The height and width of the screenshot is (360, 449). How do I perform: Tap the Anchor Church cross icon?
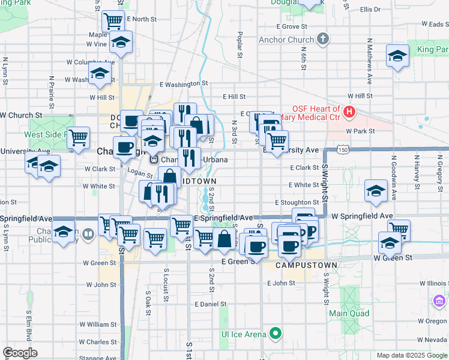tap(323, 40)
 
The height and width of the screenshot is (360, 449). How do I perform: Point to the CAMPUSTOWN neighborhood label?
tap(298, 265)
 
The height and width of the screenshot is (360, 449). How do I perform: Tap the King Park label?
tap(433, 49)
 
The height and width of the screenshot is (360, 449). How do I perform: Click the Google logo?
tap(20, 353)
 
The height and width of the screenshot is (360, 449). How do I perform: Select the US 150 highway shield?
tap(340, 149)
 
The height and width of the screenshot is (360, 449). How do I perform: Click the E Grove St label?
tap(292, 26)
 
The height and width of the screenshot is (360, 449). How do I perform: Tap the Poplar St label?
tap(240, 46)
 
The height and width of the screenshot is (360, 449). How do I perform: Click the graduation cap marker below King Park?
tap(397, 56)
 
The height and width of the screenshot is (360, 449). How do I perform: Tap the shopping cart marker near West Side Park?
tap(78, 137)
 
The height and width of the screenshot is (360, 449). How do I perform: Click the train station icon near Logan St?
tap(153, 160)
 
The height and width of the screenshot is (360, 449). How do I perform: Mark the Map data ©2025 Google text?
tap(412, 355)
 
